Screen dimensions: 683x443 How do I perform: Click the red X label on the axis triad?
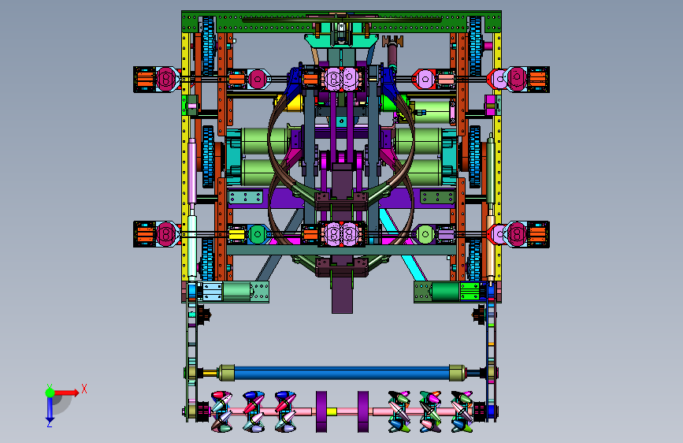tap(84, 389)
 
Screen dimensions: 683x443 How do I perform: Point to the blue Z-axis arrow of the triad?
tap(50, 409)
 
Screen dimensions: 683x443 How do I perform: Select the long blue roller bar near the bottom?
tap(342, 373)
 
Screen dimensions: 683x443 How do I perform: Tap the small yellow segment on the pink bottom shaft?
tap(332, 411)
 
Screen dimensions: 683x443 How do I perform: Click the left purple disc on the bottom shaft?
tap(321, 411)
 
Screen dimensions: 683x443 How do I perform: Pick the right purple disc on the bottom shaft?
tap(363, 411)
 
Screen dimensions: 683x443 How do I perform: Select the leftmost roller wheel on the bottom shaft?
tap(221, 411)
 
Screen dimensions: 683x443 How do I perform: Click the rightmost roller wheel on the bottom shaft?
tap(462, 411)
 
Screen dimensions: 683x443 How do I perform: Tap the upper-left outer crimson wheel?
tap(166, 79)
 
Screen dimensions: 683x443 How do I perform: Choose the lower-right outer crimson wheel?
tap(517, 234)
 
